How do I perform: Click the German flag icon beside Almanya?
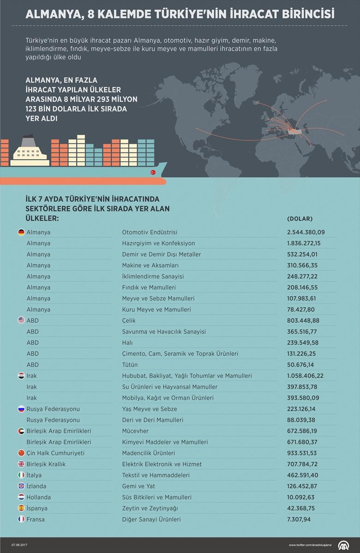(21, 232)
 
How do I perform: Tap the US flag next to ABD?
(21, 320)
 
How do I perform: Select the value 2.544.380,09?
(306, 232)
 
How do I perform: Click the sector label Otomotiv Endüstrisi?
(149, 232)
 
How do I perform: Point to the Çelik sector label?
(129, 320)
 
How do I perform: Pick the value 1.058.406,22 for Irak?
(306, 376)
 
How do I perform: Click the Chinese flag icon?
(21, 453)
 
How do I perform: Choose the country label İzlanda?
(36, 486)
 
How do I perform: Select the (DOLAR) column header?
(300, 218)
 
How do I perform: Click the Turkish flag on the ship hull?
(153, 172)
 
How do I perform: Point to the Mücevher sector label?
(136, 431)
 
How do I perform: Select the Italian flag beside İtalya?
(21, 475)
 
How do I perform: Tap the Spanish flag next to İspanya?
(21, 508)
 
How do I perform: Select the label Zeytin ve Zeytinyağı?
(150, 508)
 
